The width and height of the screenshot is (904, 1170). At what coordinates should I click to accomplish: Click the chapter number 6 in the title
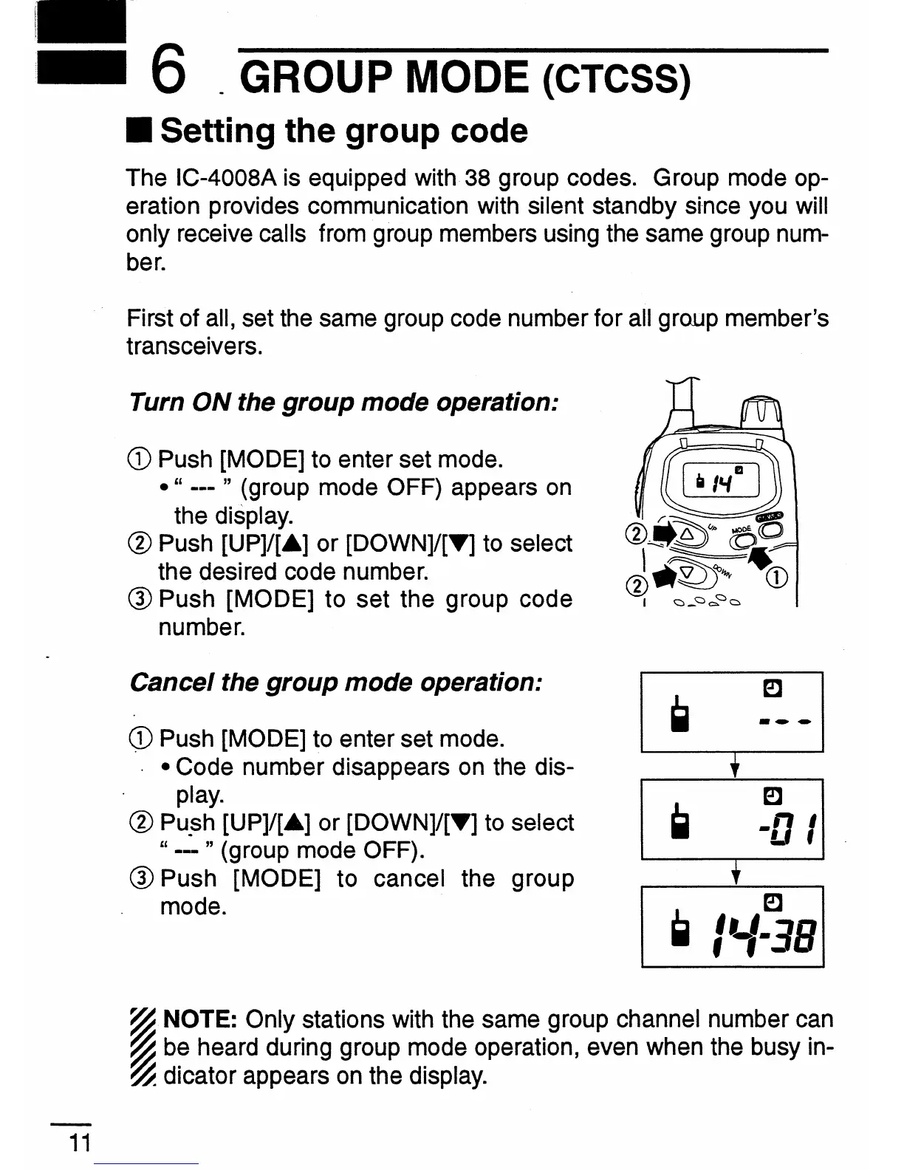pyautogui.click(x=167, y=75)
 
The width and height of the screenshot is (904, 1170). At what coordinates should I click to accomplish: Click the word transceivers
pyautogui.click(x=194, y=346)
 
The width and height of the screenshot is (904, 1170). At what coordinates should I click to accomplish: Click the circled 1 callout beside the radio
pyautogui.click(x=779, y=578)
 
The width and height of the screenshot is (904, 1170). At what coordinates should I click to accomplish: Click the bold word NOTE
pyautogui.click(x=199, y=1020)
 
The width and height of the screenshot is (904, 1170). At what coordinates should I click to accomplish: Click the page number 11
pyautogui.click(x=80, y=1143)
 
